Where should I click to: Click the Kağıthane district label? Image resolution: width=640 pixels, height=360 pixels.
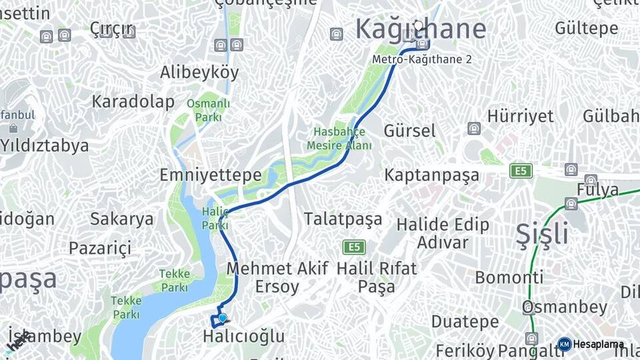[x=420, y=29]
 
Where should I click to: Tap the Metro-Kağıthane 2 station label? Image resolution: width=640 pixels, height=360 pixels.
[x=421, y=59]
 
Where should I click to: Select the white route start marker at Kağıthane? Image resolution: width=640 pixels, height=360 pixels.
[x=418, y=25]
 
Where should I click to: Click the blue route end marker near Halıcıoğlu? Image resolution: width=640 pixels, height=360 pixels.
[x=223, y=319]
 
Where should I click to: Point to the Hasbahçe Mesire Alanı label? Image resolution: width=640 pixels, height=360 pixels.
[x=339, y=139]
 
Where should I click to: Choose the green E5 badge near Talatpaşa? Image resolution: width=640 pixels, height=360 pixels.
[x=354, y=247]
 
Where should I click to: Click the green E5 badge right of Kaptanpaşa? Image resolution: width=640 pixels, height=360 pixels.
[x=521, y=171]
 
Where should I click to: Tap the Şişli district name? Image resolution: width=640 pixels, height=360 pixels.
[x=543, y=234]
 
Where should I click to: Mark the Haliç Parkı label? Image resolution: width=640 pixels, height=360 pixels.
[x=215, y=219]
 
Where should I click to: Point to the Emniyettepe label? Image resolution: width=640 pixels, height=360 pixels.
[x=210, y=175]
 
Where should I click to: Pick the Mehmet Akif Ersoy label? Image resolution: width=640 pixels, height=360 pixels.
[x=277, y=277]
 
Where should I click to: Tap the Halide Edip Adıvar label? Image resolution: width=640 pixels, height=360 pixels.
[x=443, y=233]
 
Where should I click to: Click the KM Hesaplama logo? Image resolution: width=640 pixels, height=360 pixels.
[x=591, y=344]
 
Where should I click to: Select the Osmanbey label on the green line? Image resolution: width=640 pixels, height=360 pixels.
[x=565, y=307]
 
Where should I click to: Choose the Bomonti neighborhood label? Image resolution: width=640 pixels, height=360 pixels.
[x=509, y=277]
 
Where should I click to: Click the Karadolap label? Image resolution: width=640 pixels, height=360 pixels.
[x=133, y=102]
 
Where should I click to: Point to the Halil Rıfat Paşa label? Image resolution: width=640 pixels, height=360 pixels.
[x=377, y=277]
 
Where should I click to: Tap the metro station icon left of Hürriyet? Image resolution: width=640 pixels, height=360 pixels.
[x=473, y=128]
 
